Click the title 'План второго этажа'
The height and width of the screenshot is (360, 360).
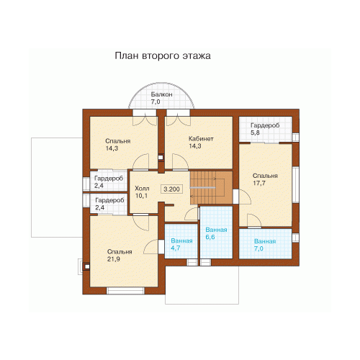click(163, 55)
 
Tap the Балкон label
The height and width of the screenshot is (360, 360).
click(161, 94)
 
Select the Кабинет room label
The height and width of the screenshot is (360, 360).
click(201, 139)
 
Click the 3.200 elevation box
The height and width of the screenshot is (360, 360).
click(171, 189)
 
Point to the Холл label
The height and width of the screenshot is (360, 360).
click(142, 188)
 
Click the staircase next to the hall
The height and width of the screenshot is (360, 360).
click(211, 187)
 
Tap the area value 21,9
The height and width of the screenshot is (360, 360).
click(114, 259)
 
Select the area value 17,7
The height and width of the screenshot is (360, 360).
click(259, 183)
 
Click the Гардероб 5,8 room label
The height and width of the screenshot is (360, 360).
click(265, 129)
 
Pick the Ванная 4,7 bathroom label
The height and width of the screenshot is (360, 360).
click(181, 244)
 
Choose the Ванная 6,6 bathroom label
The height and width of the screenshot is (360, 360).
click(216, 233)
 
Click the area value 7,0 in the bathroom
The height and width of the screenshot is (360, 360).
click(258, 248)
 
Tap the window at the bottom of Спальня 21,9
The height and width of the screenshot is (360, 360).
click(125, 291)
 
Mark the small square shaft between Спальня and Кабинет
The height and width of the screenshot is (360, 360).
click(161, 158)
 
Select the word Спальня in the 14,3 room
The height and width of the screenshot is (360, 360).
click(117, 141)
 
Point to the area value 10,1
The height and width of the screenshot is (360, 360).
click(141, 196)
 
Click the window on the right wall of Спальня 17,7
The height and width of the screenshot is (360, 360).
click(296, 185)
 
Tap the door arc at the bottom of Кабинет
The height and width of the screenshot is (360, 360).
click(180, 162)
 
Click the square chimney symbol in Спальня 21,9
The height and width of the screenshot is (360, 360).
click(87, 266)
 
